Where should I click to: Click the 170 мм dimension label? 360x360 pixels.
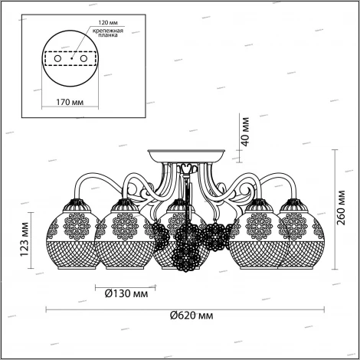(x=70, y=102)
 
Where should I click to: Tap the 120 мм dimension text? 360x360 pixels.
(x=108, y=23)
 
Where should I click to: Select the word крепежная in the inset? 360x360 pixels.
(x=107, y=31)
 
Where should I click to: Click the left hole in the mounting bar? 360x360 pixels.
(x=57, y=58)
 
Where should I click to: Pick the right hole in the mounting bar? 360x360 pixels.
(x=83, y=58)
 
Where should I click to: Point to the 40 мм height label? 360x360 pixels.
(x=245, y=132)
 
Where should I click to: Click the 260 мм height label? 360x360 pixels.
(x=341, y=208)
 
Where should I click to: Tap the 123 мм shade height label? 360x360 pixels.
(x=25, y=240)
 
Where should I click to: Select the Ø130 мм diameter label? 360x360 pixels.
(x=126, y=293)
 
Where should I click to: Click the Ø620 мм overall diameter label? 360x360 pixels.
(x=191, y=316)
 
